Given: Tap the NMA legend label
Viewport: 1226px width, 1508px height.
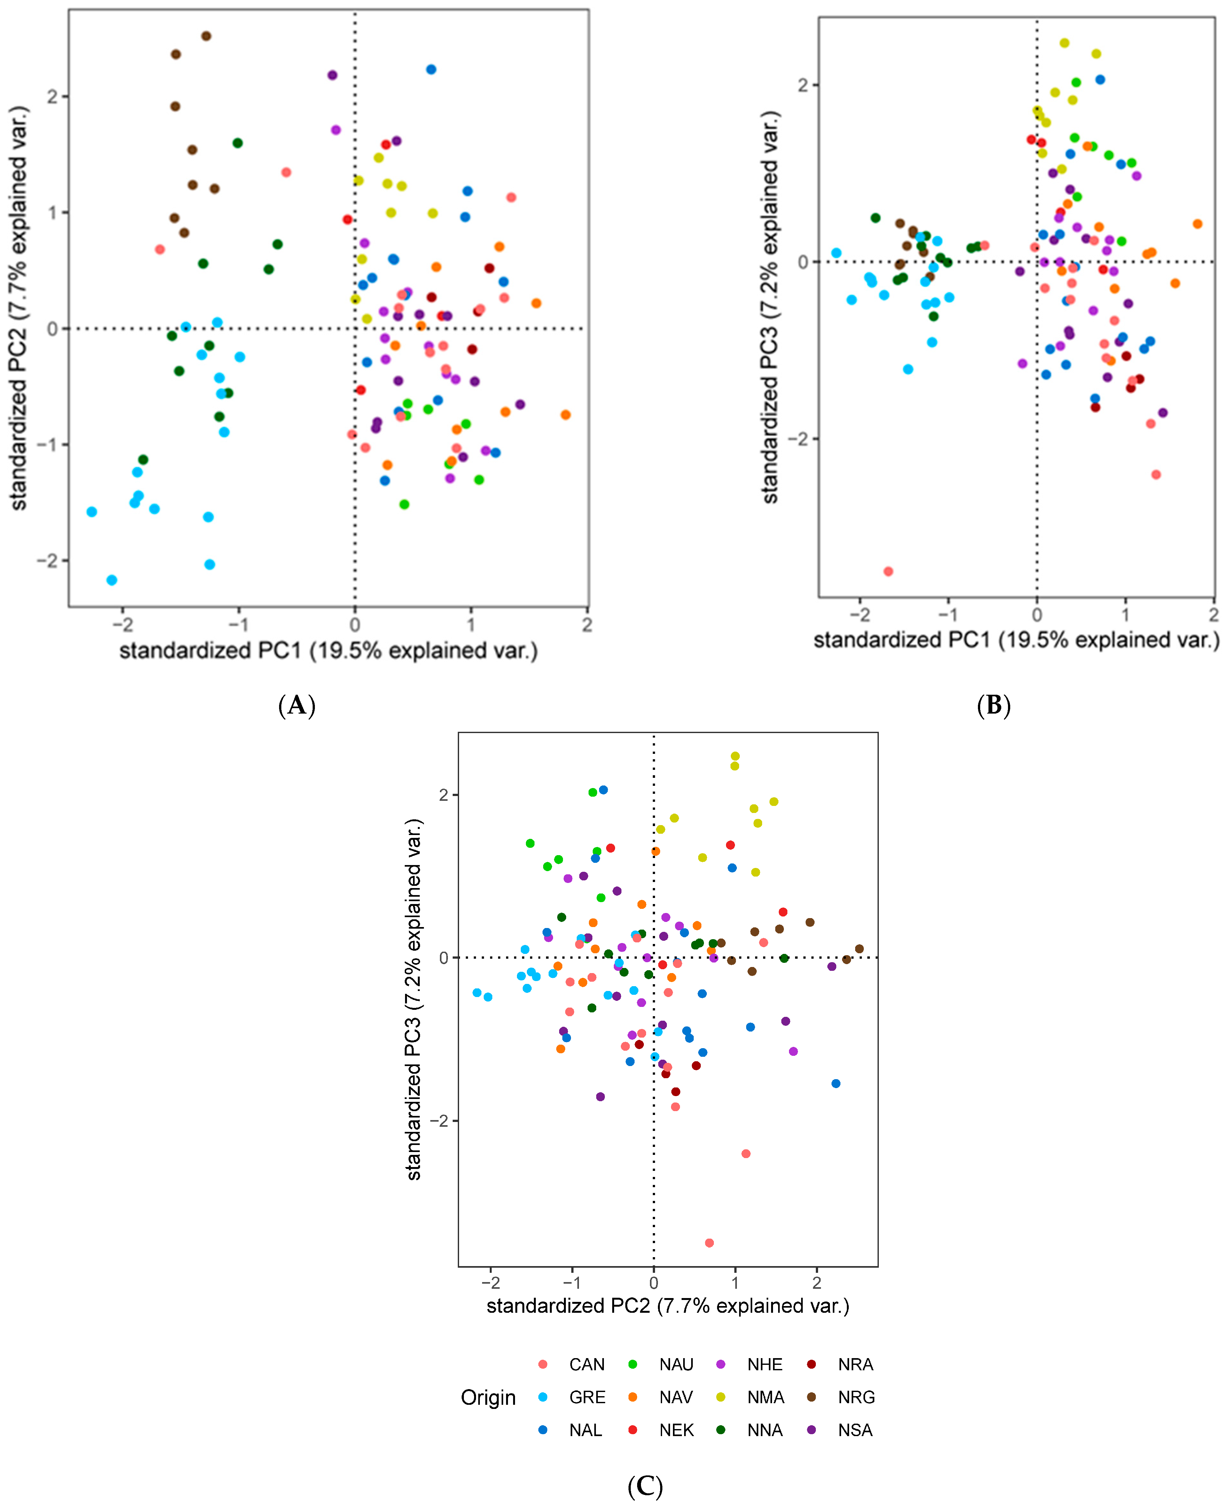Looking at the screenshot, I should pyautogui.click(x=766, y=1397).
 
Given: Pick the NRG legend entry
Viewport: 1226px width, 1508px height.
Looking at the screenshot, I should pyautogui.click(x=856, y=1397).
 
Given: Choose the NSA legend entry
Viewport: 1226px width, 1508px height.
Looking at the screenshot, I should pyautogui.click(x=855, y=1430).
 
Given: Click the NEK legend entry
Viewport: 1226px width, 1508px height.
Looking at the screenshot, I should pyautogui.click(x=676, y=1430).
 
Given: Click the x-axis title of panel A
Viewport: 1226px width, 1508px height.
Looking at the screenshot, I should pyautogui.click(x=328, y=650).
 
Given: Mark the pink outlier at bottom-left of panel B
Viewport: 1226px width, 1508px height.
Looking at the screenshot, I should pyautogui.click(x=888, y=571).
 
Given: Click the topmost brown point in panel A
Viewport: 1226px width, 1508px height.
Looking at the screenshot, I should pyautogui.click(x=206, y=36).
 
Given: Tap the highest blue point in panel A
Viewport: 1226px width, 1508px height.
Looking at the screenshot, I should pyautogui.click(x=431, y=69).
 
